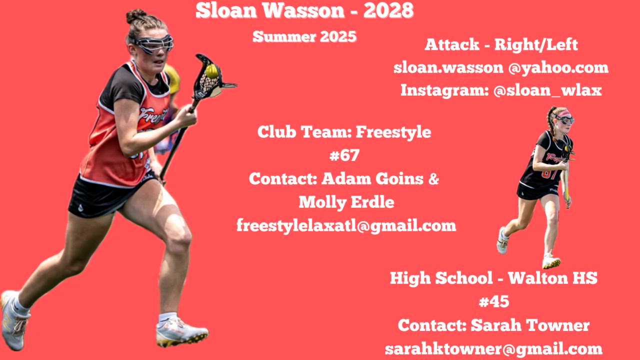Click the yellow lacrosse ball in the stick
click(x=211, y=71)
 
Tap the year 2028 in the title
click(x=388, y=10)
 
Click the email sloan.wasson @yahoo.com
click(x=501, y=68)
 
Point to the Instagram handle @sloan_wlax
click(x=547, y=90)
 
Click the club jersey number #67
click(x=344, y=155)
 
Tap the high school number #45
click(x=493, y=301)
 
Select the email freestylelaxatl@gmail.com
click(x=346, y=225)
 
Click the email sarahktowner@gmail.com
click(x=493, y=349)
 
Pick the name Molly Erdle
click(x=346, y=202)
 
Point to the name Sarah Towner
click(x=530, y=325)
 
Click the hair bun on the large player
click(x=136, y=15)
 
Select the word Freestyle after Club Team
click(x=393, y=132)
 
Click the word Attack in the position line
click(x=452, y=44)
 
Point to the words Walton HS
click(x=552, y=277)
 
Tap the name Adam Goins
click(x=372, y=179)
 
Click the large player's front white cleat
click(x=181, y=332)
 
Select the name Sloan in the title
click(x=226, y=10)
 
